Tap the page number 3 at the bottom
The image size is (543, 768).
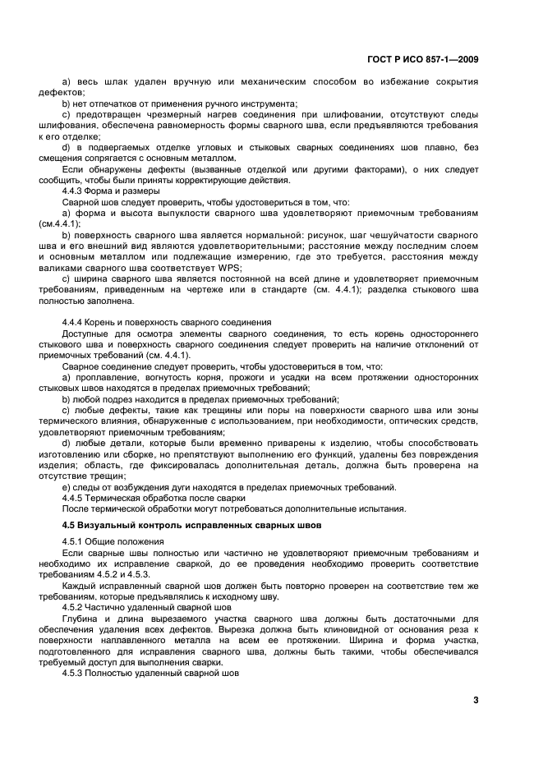pos(476,700)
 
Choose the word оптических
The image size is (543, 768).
pos(404,420)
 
